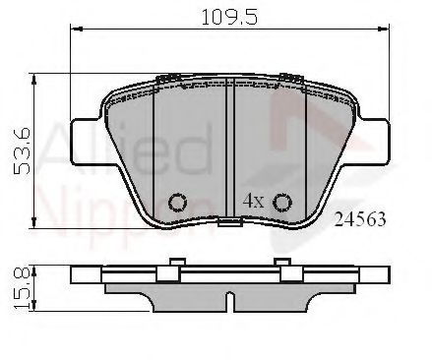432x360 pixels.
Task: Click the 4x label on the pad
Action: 253,201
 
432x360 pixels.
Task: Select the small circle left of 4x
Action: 179,203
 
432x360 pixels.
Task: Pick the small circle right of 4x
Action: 281,203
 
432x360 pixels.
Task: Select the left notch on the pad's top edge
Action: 169,78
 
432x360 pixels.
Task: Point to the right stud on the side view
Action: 282,262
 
